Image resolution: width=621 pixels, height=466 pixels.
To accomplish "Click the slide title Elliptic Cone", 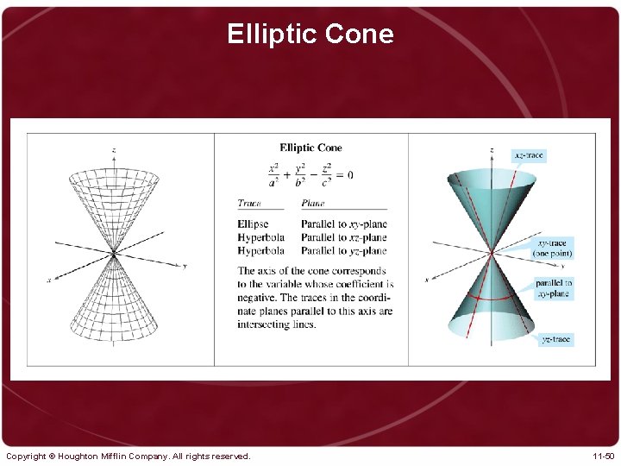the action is (310, 34).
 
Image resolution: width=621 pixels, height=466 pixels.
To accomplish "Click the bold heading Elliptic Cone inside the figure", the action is (310, 148).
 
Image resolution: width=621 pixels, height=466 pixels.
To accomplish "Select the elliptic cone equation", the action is (310, 174).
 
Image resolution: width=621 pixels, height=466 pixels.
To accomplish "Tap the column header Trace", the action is (249, 204).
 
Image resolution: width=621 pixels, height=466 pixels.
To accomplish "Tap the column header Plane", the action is (313, 204).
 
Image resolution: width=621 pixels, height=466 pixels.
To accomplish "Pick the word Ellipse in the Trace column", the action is (253, 224).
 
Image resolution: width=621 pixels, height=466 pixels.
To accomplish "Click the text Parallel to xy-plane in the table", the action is (344, 224).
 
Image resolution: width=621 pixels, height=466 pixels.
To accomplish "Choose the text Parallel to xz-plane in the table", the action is (344, 237).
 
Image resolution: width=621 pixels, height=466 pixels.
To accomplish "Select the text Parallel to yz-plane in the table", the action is (344, 251).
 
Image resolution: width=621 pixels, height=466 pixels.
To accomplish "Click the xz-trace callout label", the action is (529, 155).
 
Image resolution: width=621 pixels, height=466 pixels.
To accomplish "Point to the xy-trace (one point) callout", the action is (552, 249).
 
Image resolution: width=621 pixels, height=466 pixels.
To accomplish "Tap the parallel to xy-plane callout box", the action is (553, 288).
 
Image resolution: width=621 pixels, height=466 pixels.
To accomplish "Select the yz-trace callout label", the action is (555, 339).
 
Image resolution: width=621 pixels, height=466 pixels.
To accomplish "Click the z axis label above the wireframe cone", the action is (114, 150).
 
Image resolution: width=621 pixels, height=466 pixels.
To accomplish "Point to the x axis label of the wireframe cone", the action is (48, 280).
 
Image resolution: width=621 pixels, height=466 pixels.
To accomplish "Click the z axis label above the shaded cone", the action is (492, 150).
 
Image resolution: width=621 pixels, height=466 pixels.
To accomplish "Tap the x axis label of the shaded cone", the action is (426, 279).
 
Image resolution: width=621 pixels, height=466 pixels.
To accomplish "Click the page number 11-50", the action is (603, 456).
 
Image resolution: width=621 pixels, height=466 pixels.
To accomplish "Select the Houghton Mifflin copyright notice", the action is (128, 456).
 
